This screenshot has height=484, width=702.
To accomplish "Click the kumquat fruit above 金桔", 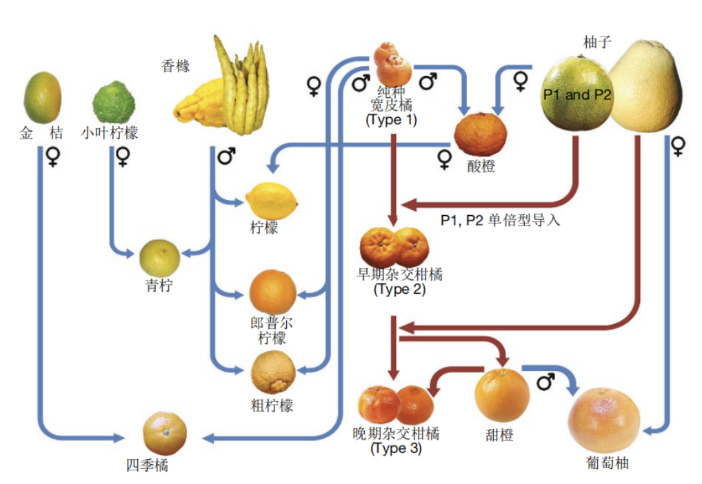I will pyautogui.click(x=42, y=97).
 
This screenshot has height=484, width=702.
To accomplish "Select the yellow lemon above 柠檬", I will pyautogui.click(x=272, y=201).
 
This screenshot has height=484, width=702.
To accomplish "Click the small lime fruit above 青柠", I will pyautogui.click(x=159, y=256).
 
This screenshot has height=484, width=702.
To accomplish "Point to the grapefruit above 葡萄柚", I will pyautogui.click(x=603, y=421).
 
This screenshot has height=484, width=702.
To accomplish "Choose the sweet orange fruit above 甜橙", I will pyautogui.click(x=502, y=394).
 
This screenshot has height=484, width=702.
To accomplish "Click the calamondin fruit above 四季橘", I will pyautogui.click(x=164, y=433).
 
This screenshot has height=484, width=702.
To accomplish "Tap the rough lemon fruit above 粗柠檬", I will pyautogui.click(x=273, y=372).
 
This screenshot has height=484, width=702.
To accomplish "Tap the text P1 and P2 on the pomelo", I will pyautogui.click(x=577, y=95).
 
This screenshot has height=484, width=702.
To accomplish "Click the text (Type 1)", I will pyautogui.click(x=391, y=119).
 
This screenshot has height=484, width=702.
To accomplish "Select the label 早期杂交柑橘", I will pyautogui.click(x=399, y=274).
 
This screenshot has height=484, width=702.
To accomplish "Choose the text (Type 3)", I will pyautogui.click(x=396, y=448).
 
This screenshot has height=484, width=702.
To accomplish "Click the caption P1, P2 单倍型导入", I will pyautogui.click(x=500, y=221).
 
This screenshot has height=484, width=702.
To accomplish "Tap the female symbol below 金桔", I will pyautogui.click(x=52, y=159).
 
